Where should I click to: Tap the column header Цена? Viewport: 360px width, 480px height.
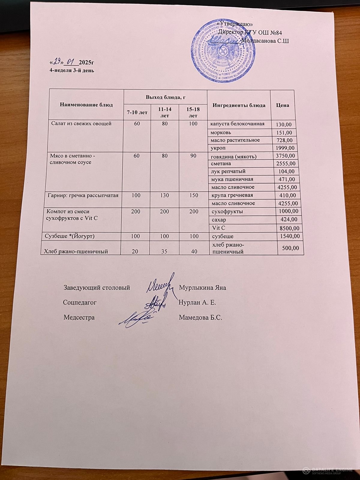(283, 105)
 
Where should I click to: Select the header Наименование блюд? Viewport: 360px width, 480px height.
(86, 105)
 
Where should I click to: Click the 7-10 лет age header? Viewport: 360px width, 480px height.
(137, 112)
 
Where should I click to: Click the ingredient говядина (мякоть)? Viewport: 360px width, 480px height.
(234, 156)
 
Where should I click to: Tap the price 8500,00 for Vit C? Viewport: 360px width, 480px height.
(289, 228)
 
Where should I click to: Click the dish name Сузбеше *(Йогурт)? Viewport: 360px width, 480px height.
(69, 236)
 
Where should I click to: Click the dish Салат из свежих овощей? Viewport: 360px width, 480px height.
(81, 123)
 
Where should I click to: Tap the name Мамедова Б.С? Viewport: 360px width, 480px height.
(200, 317)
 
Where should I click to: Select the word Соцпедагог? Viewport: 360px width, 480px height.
(79, 302)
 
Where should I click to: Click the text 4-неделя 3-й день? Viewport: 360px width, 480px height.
(72, 70)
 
